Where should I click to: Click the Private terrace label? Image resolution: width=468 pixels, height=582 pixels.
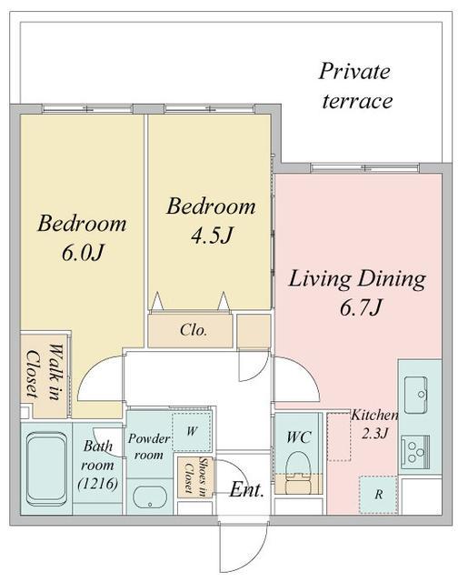(x=355, y=86)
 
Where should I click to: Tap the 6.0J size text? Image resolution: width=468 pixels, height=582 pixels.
(x=82, y=254)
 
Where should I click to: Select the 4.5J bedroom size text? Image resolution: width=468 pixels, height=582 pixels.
(x=212, y=236)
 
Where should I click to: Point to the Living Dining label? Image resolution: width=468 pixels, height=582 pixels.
(x=357, y=280)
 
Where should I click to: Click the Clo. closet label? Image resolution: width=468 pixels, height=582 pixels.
(x=194, y=330)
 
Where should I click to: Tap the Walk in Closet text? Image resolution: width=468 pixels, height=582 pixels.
(x=44, y=373)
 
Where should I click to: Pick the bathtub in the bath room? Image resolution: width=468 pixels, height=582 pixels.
(x=46, y=470)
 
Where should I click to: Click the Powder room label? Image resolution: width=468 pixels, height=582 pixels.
(x=149, y=447)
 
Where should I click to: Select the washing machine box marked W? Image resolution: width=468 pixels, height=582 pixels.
(x=192, y=431)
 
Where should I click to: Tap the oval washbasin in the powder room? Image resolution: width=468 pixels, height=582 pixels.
(x=149, y=497)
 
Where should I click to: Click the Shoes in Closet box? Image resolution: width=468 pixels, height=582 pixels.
(x=195, y=477)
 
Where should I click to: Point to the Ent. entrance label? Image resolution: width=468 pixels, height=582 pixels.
(x=246, y=490)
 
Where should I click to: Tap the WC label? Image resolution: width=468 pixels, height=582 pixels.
(x=299, y=437)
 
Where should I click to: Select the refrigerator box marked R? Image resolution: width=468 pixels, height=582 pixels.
(x=378, y=495)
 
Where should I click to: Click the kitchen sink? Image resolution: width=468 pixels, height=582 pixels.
(x=416, y=395)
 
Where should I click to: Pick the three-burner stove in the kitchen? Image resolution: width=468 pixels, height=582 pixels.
(x=415, y=453)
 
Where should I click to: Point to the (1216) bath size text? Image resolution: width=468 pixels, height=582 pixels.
(x=98, y=484)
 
